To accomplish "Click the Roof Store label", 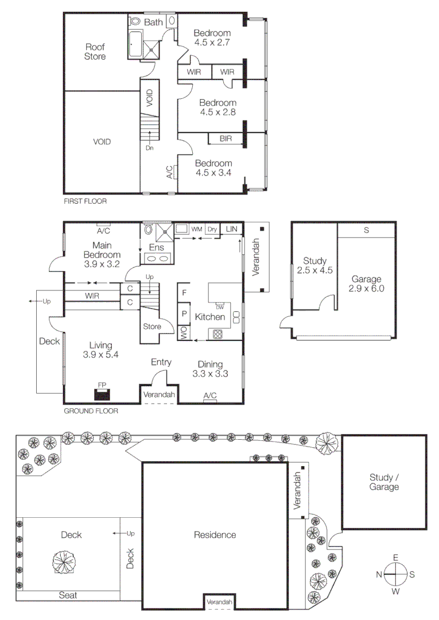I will click(x=95, y=52).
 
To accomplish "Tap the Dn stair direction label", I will click(x=149, y=148).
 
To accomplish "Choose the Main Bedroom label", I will click(x=102, y=251).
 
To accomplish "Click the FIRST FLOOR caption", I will click(x=85, y=201).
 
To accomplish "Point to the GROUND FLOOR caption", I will click(x=91, y=411).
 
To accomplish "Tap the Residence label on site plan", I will click(x=215, y=535).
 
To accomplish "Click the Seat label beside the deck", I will click(x=68, y=596).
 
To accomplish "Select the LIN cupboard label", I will click(x=231, y=229).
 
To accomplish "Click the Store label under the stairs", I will click(x=152, y=327).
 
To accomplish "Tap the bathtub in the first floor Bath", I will click(x=134, y=44).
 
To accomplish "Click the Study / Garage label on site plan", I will click(x=384, y=482).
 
